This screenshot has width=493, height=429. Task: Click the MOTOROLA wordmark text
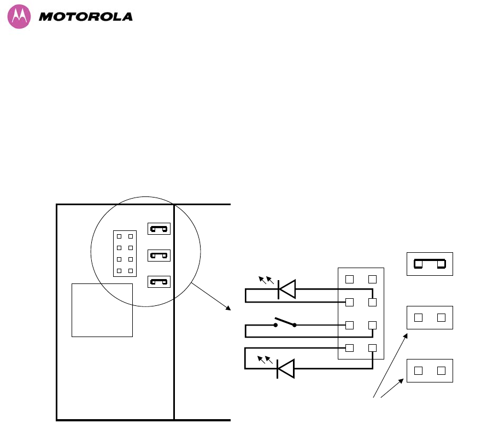[x=86, y=17]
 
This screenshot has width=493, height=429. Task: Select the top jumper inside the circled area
[x=159, y=228]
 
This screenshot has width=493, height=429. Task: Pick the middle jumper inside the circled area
[x=159, y=255]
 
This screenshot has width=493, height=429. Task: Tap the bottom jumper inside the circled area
[x=159, y=282]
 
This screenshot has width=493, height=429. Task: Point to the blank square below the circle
[x=102, y=310]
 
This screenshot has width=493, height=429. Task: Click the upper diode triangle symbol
[x=286, y=289]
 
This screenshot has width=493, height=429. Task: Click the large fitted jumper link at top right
[x=430, y=264]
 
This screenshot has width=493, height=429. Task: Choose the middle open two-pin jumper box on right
[x=430, y=317]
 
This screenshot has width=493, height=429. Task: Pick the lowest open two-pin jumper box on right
[x=430, y=370]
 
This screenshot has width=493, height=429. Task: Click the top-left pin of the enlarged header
[x=350, y=280]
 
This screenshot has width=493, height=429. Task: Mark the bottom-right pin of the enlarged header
[x=373, y=347]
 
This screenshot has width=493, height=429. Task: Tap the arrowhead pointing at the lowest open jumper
[x=404, y=379]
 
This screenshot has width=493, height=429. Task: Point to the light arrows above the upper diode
[x=266, y=280]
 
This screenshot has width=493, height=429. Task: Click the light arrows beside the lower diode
[x=265, y=360]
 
